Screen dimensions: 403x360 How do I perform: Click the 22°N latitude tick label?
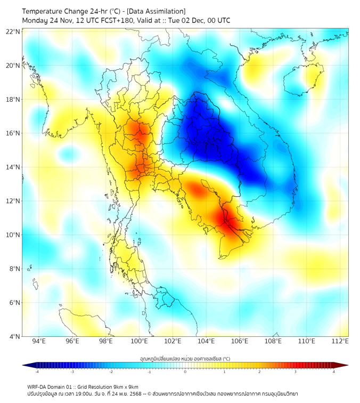13,31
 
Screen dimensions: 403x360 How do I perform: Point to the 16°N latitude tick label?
13,133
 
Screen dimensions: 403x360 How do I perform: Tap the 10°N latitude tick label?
13,235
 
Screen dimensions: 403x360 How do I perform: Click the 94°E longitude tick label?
39,341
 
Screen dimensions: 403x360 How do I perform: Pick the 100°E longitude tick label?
140,341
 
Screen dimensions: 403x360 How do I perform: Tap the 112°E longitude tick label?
341,341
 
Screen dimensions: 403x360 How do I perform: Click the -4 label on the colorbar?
37,372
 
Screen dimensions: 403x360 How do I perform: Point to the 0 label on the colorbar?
185,372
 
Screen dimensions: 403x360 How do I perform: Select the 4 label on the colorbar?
334,372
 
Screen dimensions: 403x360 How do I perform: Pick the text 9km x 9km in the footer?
125,386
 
